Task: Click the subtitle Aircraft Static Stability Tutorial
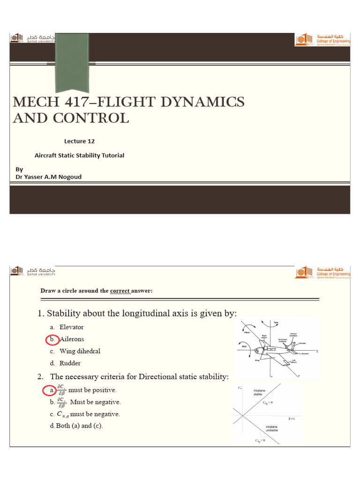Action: [x=80, y=155]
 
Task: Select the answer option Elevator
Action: [x=71, y=327]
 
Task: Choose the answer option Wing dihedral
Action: [x=80, y=351]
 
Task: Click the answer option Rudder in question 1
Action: [x=70, y=363]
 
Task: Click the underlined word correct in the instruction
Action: [x=119, y=291]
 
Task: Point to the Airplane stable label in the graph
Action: [x=260, y=392]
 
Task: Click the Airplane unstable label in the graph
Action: [x=272, y=428]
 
